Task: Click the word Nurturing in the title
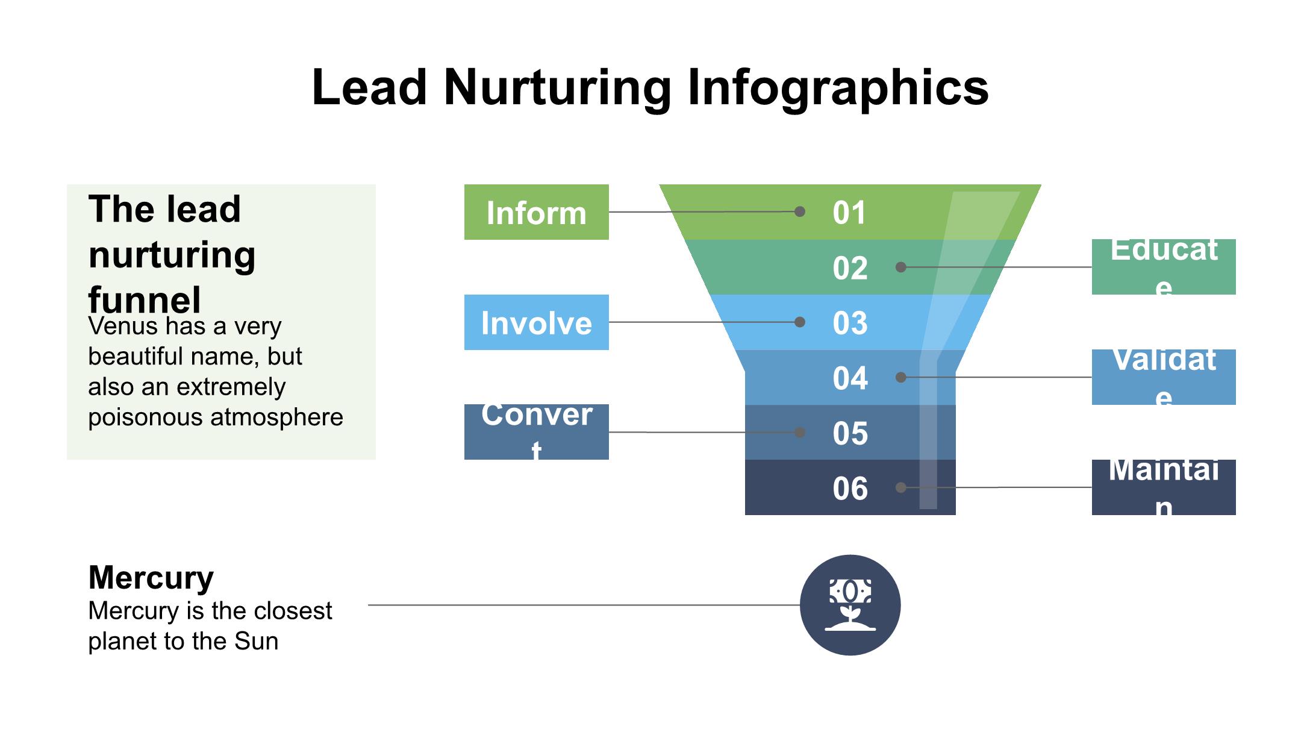point(557,88)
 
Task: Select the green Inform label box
point(536,212)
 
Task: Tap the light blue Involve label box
point(536,322)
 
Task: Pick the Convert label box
point(536,431)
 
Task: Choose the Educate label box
point(1163,266)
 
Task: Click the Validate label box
point(1163,377)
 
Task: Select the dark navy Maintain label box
point(1163,487)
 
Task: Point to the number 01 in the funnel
point(849,213)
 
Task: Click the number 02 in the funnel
point(850,268)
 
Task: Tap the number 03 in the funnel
point(850,323)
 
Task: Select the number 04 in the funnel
point(850,378)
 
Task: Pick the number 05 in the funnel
point(850,433)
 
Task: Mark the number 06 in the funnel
point(850,489)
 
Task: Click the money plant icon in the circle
point(850,605)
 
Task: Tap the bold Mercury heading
point(151,577)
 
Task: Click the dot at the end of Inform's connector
point(800,211)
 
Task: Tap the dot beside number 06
point(900,487)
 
